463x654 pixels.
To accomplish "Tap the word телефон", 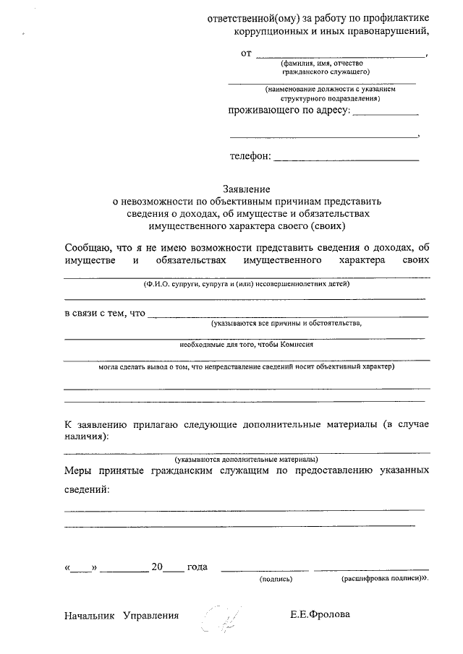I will pyautogui.click(x=250, y=155).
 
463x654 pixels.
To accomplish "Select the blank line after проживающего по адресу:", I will pyautogui.click(x=385, y=114).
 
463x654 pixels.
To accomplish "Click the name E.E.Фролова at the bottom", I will pyautogui.click(x=320, y=615).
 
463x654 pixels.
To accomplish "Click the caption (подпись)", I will pyautogui.click(x=275, y=579).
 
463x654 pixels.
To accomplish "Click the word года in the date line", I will pyautogui.click(x=197, y=567).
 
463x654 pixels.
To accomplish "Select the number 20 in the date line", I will pyautogui.click(x=158, y=567).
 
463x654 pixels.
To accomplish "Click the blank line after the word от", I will pyautogui.click(x=341, y=56).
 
